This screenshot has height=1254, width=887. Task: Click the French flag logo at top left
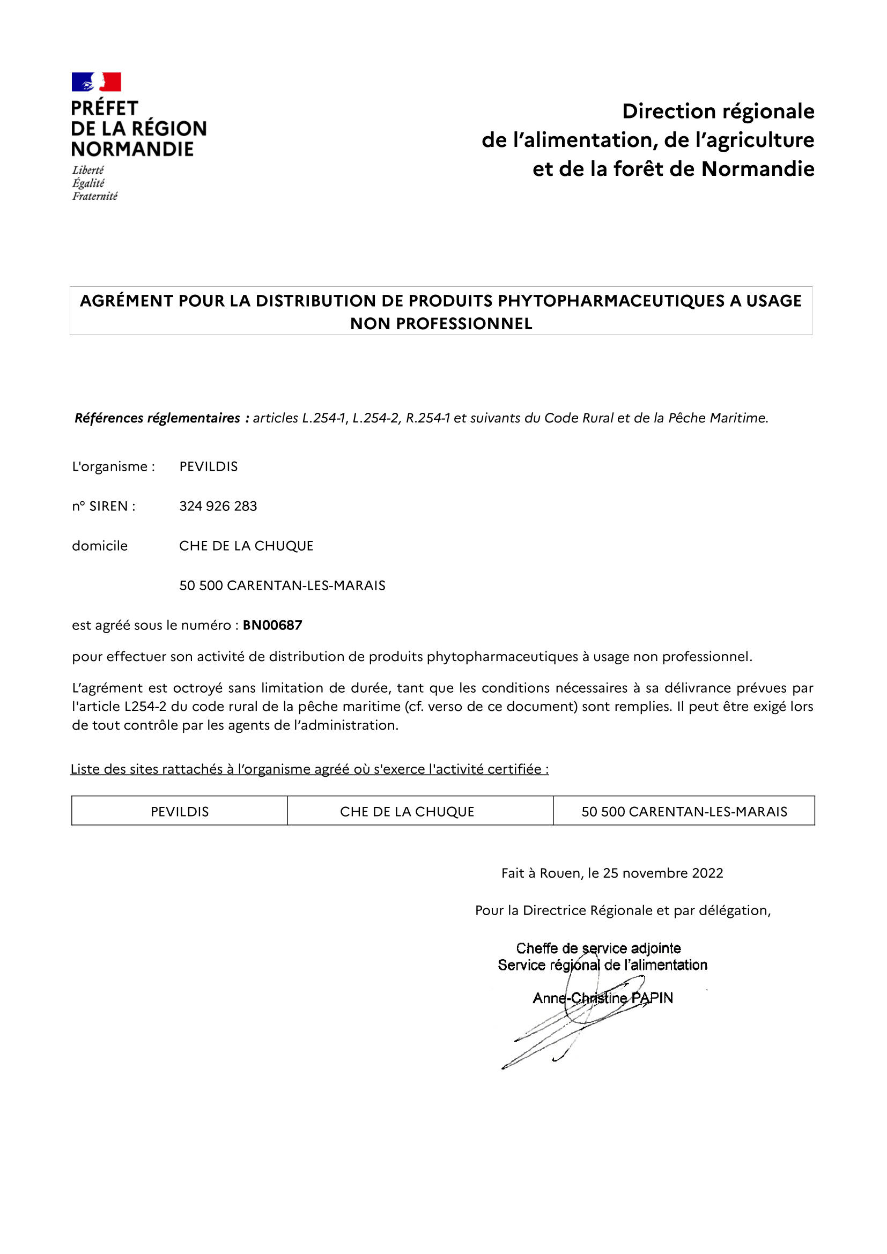(x=96, y=82)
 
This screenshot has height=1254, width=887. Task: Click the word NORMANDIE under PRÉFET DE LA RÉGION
(x=132, y=149)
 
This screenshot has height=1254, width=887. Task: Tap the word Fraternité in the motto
(x=94, y=196)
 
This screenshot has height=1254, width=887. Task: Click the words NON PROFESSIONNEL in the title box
(x=441, y=324)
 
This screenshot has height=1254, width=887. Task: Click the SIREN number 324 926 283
(x=218, y=506)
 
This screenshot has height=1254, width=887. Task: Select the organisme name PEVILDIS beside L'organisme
(x=209, y=466)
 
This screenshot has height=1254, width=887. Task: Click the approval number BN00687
(x=272, y=625)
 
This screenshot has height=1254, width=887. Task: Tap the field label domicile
(x=100, y=546)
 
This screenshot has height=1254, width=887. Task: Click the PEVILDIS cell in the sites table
(x=180, y=812)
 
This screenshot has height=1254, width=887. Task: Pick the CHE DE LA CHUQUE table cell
(x=407, y=812)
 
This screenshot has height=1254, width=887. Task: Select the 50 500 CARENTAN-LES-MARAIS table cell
(x=684, y=812)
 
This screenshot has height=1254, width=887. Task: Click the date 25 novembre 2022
(x=663, y=873)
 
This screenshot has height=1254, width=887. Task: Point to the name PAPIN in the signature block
(x=652, y=998)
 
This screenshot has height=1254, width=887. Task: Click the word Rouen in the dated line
(x=561, y=873)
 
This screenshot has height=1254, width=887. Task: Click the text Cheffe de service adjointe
(x=598, y=948)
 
